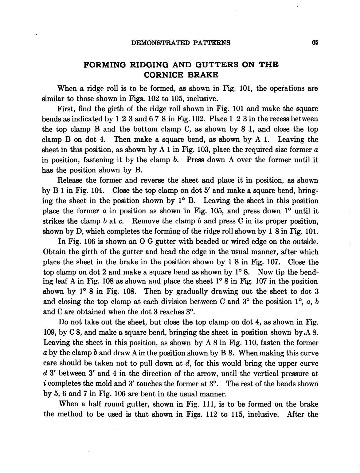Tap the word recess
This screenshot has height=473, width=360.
pos(276,119)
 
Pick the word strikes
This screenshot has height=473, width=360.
pos(53,221)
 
